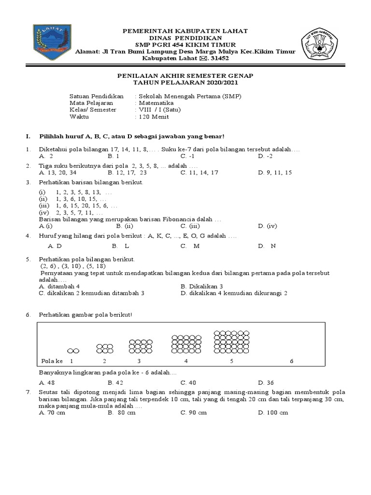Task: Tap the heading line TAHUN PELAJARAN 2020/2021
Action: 186,83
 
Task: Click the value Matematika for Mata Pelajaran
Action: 153,103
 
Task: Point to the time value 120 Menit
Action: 154,116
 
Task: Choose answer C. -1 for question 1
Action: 187,157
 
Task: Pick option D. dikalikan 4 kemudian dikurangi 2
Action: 234,293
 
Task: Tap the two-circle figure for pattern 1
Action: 73,349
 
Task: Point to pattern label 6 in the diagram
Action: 291,361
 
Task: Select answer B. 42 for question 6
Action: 115,381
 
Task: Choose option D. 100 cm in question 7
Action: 273,412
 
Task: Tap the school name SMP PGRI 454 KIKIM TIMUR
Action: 186,44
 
